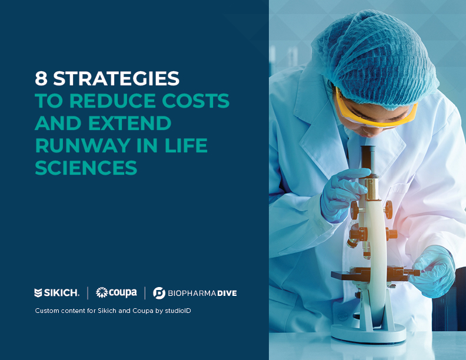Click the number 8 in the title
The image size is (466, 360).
41,78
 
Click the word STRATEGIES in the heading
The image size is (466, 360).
116,78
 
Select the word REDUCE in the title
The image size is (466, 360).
112,101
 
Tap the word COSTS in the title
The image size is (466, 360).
196,101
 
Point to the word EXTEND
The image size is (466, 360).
129,123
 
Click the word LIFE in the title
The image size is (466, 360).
186,145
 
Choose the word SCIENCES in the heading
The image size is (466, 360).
86,168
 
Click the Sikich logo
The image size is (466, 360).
56,293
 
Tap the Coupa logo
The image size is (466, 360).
116,293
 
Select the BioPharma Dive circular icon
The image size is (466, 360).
159,293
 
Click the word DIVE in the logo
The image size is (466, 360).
227,293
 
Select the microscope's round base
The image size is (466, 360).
368,333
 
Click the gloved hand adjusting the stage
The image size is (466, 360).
434,272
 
